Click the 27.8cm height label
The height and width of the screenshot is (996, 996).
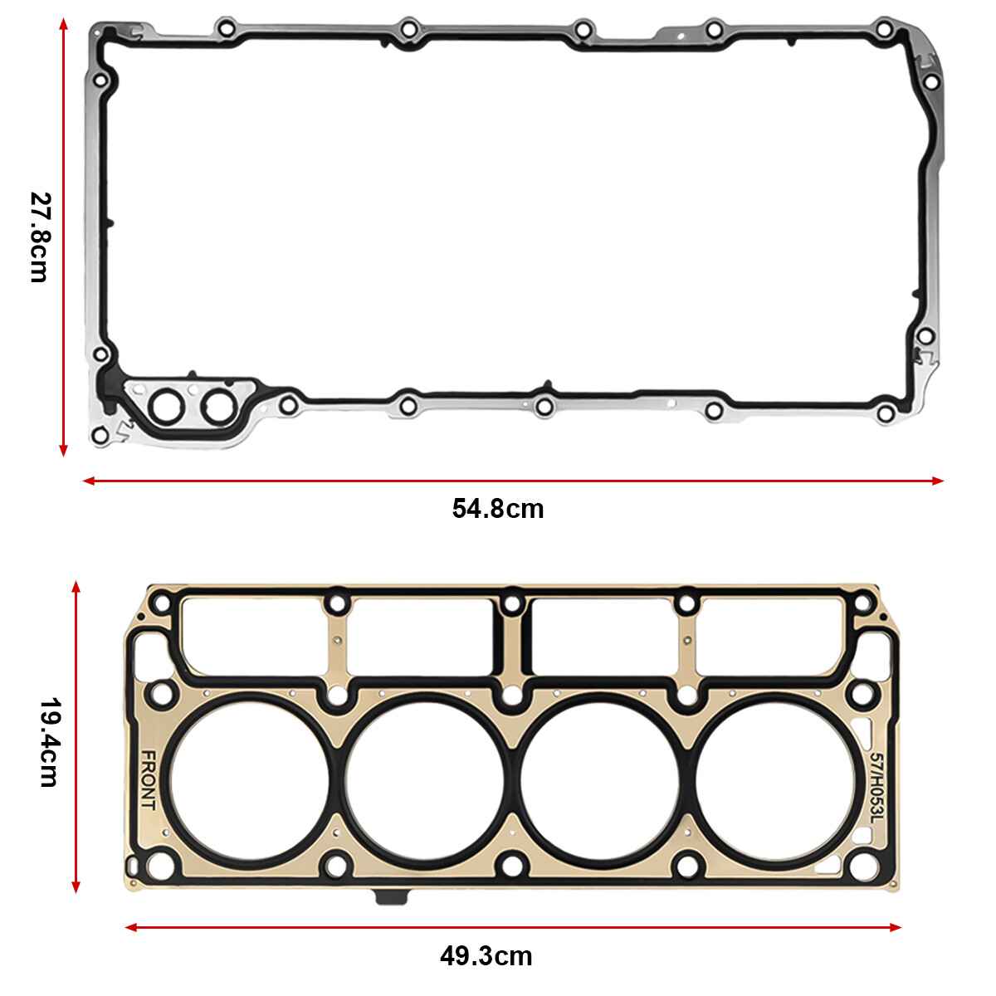(39, 237)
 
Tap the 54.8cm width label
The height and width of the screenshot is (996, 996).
(498, 508)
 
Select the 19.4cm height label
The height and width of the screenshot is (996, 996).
(49, 742)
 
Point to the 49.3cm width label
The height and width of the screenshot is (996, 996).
(486, 955)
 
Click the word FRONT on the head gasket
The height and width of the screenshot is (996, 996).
(148, 780)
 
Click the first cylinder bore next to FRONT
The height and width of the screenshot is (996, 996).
(250, 780)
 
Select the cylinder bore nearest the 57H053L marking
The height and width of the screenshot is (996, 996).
(777, 780)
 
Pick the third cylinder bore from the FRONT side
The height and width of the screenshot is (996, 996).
(601, 780)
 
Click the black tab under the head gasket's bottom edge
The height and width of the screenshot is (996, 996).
(392, 897)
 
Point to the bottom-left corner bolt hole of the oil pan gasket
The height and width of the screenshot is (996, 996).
(100, 435)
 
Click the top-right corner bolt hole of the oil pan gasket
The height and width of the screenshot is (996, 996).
(886, 30)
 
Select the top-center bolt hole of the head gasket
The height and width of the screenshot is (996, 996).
(513, 602)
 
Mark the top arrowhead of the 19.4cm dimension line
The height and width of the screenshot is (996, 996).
(76, 587)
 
